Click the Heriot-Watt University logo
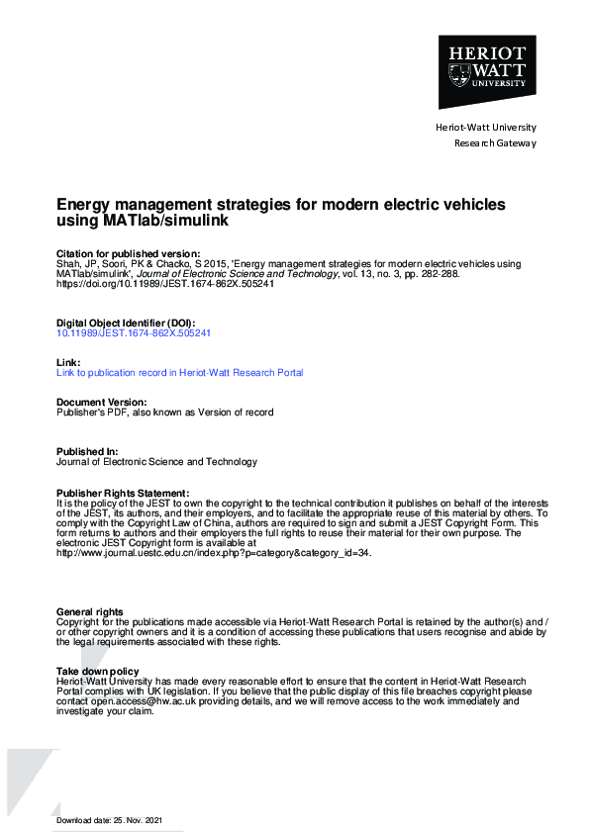486,71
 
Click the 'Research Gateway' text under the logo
494,143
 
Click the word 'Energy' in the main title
85,205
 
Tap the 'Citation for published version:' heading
128,254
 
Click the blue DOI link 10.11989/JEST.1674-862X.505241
134,333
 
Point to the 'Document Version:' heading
101,402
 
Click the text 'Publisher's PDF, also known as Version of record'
165,412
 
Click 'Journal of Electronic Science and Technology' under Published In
156,461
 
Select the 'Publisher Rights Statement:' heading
122,493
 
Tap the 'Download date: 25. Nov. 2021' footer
108,821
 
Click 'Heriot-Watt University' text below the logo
486,128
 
